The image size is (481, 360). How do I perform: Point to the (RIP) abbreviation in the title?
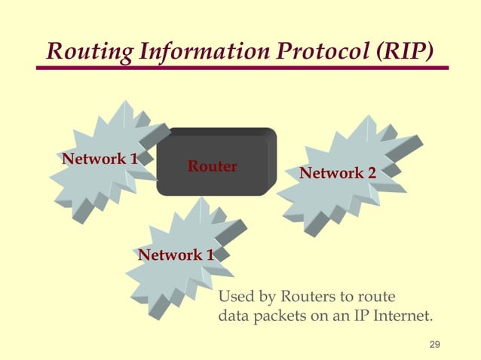tap(407, 51)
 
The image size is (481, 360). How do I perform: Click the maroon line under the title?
tap(241, 69)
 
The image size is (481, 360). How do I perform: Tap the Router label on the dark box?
tap(213, 166)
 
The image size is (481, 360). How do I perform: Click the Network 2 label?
tap(338, 174)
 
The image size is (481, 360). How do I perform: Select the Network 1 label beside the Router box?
tap(100, 159)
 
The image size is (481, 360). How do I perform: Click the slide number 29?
tap(434, 345)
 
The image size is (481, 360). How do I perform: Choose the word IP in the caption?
tap(361, 316)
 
